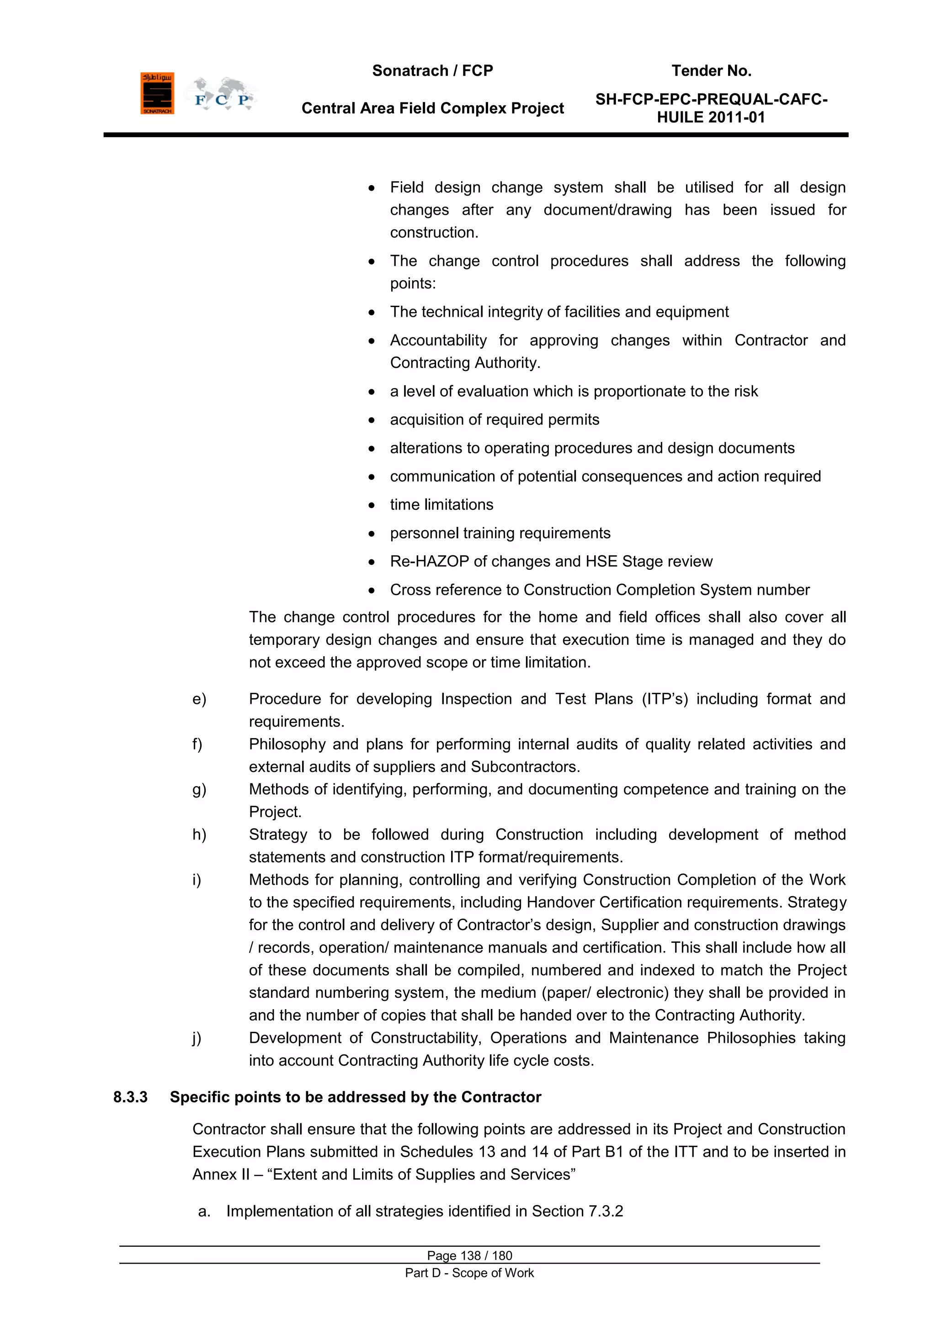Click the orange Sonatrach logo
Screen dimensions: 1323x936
point(157,93)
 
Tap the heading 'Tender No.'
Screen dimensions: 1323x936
point(711,71)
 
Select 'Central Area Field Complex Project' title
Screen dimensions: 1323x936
point(432,108)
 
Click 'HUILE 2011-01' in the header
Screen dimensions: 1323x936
point(711,117)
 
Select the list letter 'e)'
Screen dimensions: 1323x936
point(199,699)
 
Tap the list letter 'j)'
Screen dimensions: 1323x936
point(197,1038)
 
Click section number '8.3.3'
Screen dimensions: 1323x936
point(130,1097)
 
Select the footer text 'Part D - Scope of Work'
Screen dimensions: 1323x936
point(469,1273)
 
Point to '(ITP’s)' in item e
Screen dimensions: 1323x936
point(665,699)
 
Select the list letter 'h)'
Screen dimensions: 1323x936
point(199,835)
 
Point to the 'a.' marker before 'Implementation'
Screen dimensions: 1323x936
point(203,1211)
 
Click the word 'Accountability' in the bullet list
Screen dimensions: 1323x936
point(438,340)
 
